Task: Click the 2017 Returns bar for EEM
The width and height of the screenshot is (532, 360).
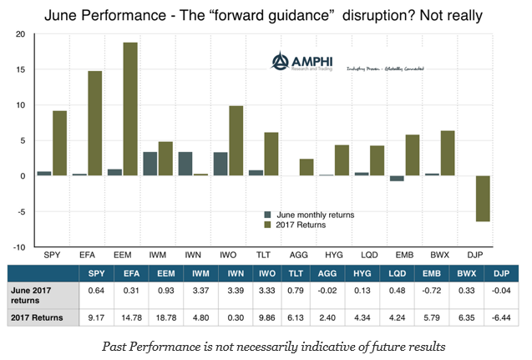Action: click(129, 109)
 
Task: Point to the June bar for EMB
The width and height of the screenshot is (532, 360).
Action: click(397, 179)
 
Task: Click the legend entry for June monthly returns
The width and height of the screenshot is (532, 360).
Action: click(309, 215)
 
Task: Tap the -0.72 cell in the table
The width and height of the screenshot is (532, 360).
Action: click(428, 290)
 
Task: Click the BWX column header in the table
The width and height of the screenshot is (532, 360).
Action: click(464, 271)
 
